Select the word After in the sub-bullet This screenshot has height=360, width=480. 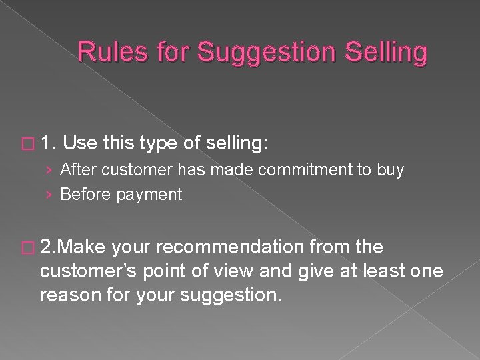click(77, 170)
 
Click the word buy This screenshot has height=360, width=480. click(390, 171)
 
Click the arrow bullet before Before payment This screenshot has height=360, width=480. click(50, 194)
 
